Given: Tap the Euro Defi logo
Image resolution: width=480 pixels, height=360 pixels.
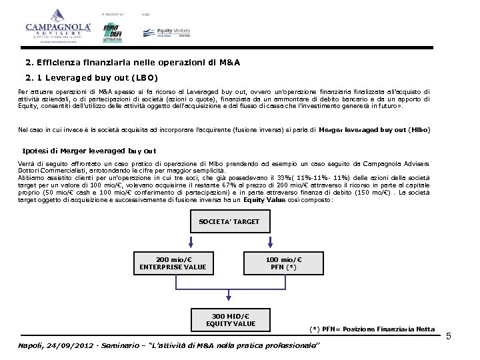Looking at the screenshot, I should tap(113, 32).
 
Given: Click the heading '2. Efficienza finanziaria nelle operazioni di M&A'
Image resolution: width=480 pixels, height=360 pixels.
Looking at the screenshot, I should tap(133, 63).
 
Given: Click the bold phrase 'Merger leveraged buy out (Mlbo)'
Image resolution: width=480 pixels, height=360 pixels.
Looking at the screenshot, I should tap(375, 129).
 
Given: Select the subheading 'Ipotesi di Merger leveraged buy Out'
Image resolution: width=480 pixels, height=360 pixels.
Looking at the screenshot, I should tap(89, 151).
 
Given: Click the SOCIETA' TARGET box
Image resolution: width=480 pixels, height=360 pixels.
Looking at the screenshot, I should tap(229, 221).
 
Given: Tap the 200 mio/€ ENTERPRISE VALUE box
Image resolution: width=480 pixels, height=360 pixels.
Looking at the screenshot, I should tap(173, 264).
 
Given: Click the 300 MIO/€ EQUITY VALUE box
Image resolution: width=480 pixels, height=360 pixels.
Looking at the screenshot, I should tap(231, 320).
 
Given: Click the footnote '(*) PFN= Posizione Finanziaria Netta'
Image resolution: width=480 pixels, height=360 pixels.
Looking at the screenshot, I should tap(372, 329).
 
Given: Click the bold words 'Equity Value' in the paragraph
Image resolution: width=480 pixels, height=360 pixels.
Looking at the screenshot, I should tap(263, 199).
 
